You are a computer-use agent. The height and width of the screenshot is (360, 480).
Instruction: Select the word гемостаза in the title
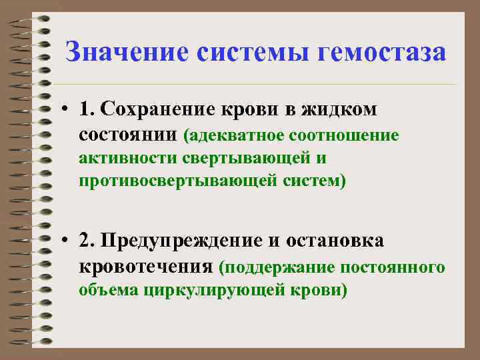pyautogui.click(x=383, y=52)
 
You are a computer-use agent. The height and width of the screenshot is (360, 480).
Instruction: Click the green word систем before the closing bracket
pyautogui.click(x=309, y=181)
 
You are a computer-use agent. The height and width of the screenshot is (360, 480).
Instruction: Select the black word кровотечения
pyautogui.click(x=146, y=267)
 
